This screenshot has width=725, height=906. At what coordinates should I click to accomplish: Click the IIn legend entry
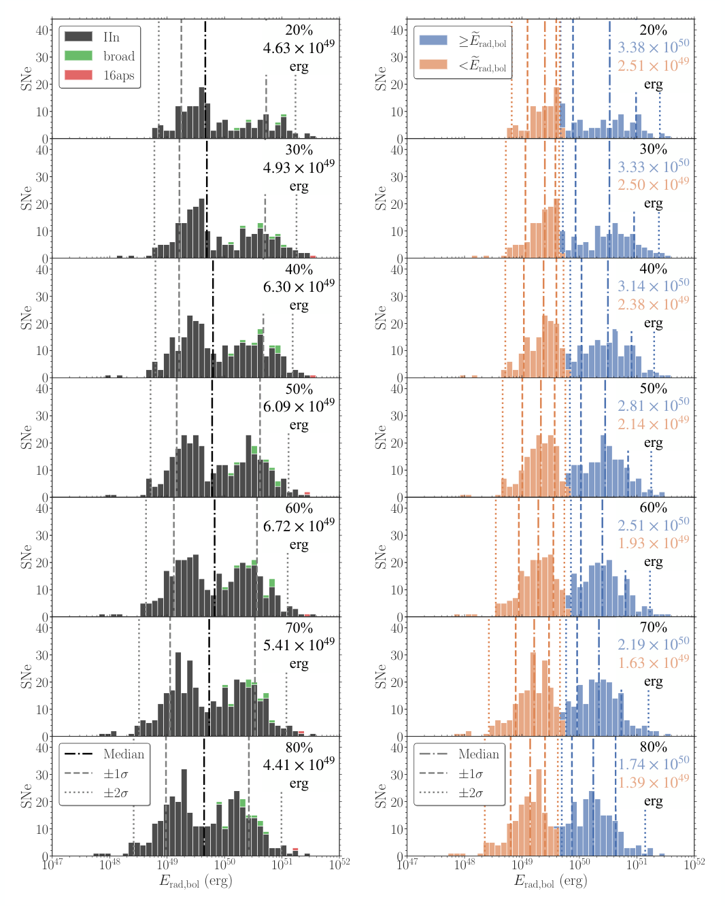[x=99, y=37]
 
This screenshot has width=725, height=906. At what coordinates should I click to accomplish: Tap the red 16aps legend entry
[x=99, y=75]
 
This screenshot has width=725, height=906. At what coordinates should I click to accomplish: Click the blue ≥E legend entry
[x=462, y=41]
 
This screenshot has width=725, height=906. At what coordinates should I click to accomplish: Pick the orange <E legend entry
[x=462, y=65]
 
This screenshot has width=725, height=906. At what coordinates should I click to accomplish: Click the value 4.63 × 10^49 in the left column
[x=299, y=48]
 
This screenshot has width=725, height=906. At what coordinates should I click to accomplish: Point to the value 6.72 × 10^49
[x=299, y=526]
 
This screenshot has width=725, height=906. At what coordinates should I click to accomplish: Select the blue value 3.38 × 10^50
[x=653, y=47]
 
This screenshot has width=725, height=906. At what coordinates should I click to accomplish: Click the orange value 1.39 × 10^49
[x=653, y=782]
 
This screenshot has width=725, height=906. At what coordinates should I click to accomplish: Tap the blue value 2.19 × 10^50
[x=653, y=644]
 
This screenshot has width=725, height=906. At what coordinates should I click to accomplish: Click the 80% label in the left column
[x=299, y=748]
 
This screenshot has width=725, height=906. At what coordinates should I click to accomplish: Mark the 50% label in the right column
[x=653, y=388]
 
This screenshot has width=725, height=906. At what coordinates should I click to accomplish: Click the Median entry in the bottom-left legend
[x=103, y=754]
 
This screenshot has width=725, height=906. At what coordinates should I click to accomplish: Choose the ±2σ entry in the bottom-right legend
[x=458, y=793]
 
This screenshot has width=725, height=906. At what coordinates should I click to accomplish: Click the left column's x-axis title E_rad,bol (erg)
[x=195, y=882]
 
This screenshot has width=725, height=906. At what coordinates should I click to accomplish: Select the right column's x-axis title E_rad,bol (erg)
[x=550, y=882]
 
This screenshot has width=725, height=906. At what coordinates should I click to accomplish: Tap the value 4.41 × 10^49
[x=299, y=765]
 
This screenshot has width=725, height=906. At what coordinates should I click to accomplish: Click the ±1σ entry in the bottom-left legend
[x=103, y=773]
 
